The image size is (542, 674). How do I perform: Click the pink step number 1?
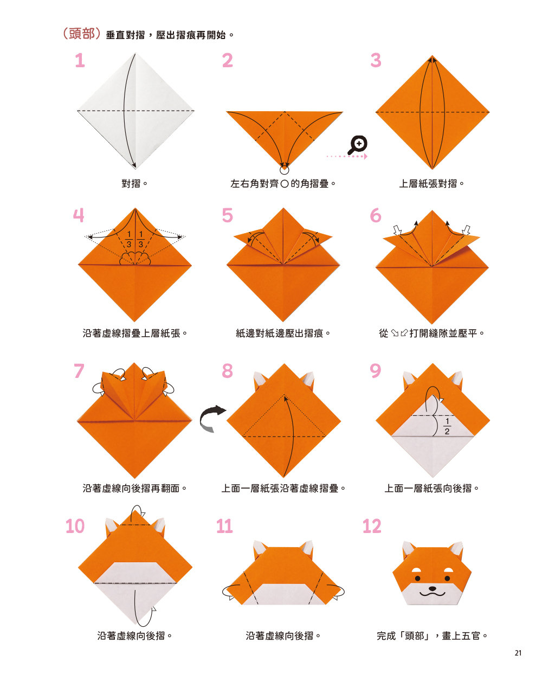point(80,60)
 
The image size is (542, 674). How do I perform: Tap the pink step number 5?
point(228,215)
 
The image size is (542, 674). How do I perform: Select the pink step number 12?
point(372,526)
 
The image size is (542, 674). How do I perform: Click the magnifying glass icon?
point(358,145)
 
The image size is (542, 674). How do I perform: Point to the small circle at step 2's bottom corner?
point(284,170)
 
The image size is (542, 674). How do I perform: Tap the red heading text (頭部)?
point(82,34)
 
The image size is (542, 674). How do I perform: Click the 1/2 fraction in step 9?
point(447,426)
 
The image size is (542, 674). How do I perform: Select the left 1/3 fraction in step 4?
point(129,239)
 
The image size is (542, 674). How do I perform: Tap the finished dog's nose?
point(433,589)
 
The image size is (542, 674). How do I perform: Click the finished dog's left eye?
point(417,578)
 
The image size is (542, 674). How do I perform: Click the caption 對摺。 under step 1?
point(134,183)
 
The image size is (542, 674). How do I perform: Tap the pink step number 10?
point(75,526)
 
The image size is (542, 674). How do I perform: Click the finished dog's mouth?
point(433,594)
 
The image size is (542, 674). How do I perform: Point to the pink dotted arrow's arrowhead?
point(365,156)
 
